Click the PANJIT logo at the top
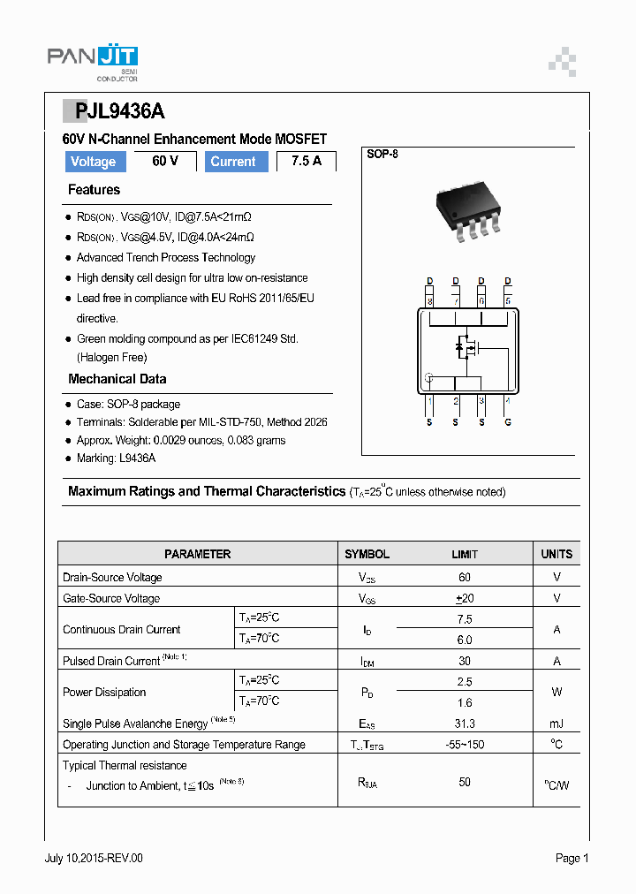pyautogui.click(x=92, y=60)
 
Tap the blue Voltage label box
pyautogui.click(x=94, y=162)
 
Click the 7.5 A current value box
pyautogui.click(x=306, y=161)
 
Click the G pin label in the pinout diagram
pyautogui.click(x=507, y=422)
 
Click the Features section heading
pyautogui.click(x=94, y=190)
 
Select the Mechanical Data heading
pyautogui.click(x=117, y=379)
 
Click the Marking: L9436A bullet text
pyautogui.click(x=116, y=458)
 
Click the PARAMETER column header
pyautogui.click(x=198, y=554)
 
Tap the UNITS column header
pyautogui.click(x=556, y=554)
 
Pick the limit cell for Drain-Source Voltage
pyautogui.click(x=465, y=577)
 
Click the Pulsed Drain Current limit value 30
pyautogui.click(x=465, y=661)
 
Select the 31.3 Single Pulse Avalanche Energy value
pyautogui.click(x=465, y=724)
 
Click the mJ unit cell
pyautogui.click(x=556, y=724)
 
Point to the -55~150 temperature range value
pyautogui.click(x=465, y=745)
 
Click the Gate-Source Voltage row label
pyautogui.click(x=111, y=598)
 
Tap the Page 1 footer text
pyautogui.click(x=572, y=858)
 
